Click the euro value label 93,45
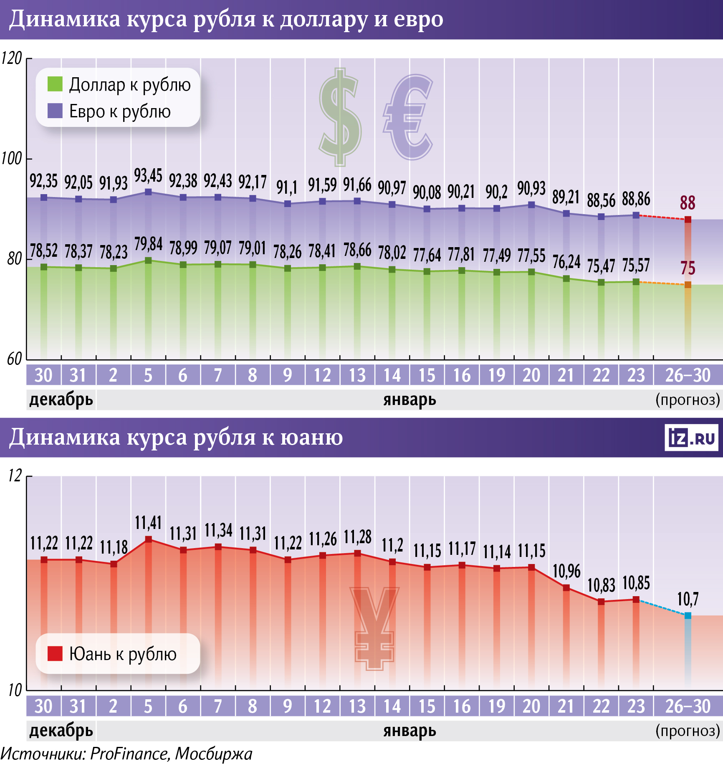pos(148,176)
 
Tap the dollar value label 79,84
pos(148,244)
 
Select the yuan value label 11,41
pos(148,523)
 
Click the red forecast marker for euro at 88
pos(688,220)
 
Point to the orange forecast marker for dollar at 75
pos(688,285)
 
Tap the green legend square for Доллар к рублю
pos(55,84)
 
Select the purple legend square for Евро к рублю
pos(55,111)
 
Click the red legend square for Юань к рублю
pos(55,654)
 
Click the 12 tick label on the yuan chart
pos(15,476)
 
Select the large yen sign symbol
pos(374,628)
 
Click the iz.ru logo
pos(692,438)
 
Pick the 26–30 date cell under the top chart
pos(688,375)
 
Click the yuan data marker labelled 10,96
pos(566,588)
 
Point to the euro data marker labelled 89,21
pos(566,213)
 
